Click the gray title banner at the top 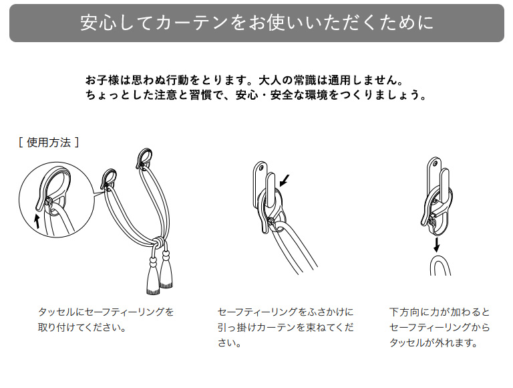(x=256, y=23)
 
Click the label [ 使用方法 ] (x=49, y=142)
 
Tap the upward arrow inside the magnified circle (x=37, y=221)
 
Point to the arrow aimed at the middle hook (x=285, y=180)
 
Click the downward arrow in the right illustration (x=436, y=244)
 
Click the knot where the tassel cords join (x=158, y=241)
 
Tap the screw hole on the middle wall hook (x=261, y=168)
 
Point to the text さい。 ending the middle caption (x=230, y=343)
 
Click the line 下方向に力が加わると (x=440, y=312)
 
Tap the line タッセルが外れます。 (x=434, y=343)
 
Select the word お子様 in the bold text (x=102, y=80)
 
